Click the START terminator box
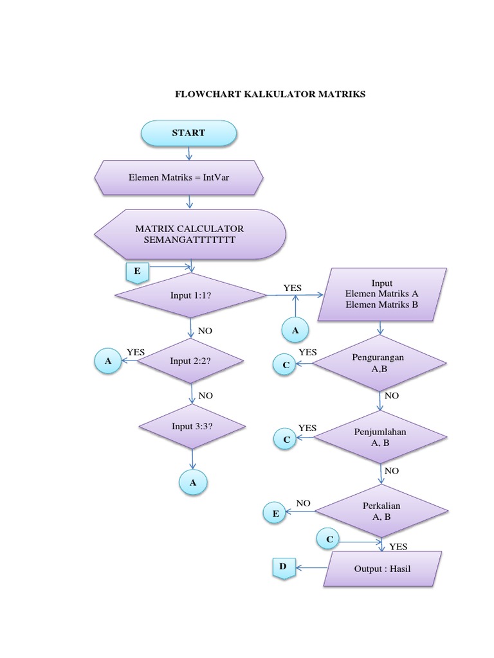coord(188,133)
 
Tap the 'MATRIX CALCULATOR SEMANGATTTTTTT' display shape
coord(189,233)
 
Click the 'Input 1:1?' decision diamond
coord(191,296)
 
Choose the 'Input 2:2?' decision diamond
coord(191,361)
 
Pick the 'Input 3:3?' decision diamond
coord(191,427)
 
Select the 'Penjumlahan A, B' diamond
coord(380,437)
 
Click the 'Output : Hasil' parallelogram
coord(382,569)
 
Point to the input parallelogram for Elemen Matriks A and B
coord(382,295)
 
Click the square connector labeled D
coord(282,567)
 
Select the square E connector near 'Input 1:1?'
coord(137,272)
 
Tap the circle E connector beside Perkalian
coord(275,513)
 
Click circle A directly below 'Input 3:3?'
coord(192,482)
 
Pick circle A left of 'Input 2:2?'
coord(108,361)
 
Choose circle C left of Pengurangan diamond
coord(286,365)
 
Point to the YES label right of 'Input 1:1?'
coord(292,288)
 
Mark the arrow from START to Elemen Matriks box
coord(188,153)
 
